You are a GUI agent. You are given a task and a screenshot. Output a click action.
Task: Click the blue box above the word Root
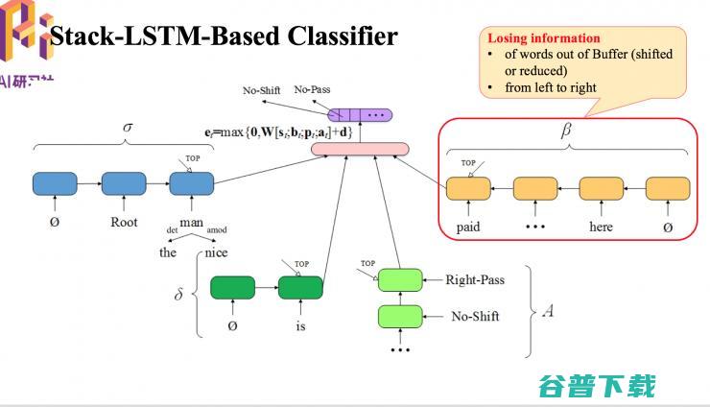pos(122,183)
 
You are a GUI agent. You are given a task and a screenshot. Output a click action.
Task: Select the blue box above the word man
pos(190,183)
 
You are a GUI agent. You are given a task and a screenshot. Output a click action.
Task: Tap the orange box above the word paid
pos(468,188)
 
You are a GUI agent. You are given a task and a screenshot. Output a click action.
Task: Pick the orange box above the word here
pos(601,188)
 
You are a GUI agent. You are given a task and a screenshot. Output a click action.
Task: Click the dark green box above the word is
pos(300,287)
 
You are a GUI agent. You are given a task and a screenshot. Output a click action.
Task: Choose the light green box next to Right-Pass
pos(400,280)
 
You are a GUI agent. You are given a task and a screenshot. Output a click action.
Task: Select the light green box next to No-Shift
pos(400,316)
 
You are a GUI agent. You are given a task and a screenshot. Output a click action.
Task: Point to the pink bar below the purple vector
pos(360,149)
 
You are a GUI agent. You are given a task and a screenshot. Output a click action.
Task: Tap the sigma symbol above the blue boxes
pos(128,128)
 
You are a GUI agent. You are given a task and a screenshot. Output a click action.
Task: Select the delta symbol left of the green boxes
pos(178,294)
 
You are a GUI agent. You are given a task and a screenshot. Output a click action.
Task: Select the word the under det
pos(168,252)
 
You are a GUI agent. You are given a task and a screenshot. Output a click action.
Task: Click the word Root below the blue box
pos(124,222)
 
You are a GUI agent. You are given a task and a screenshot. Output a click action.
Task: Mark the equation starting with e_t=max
pos(278,131)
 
